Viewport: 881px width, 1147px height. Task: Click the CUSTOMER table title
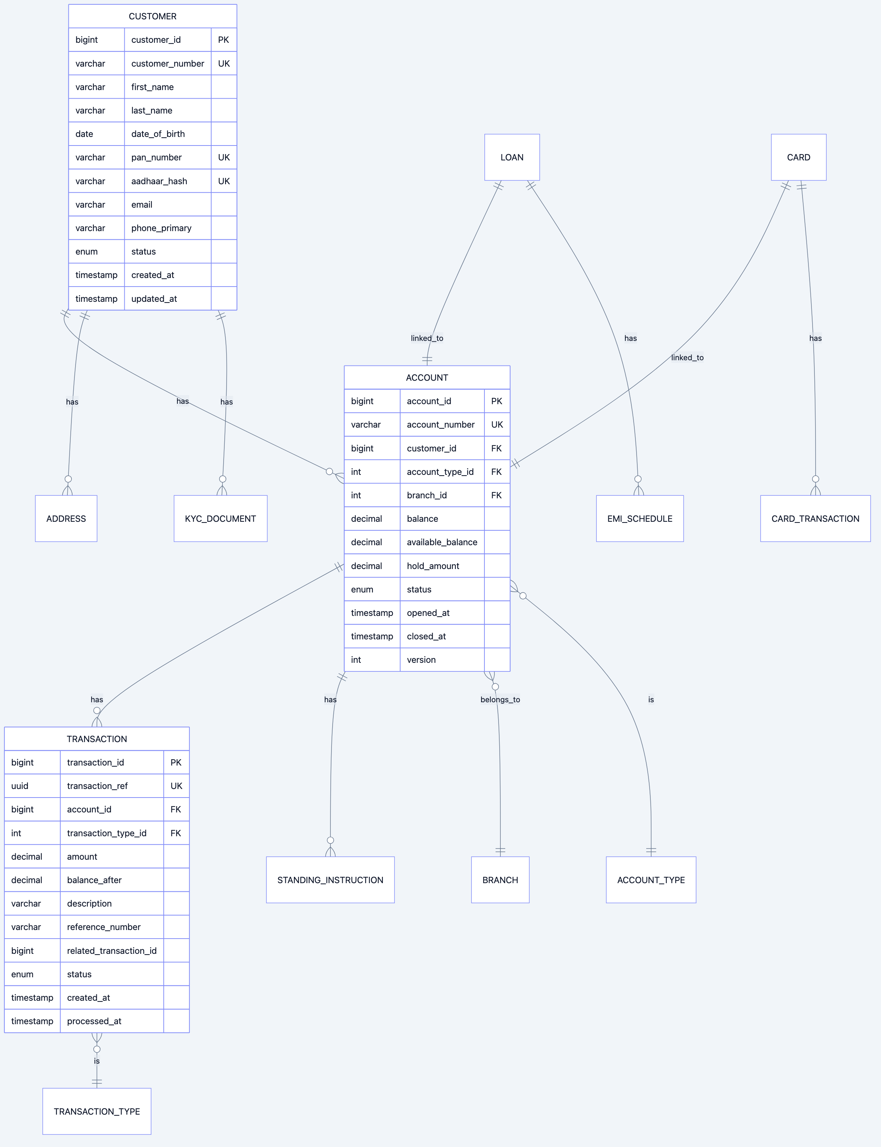point(153,16)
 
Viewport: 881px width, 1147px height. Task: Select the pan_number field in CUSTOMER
point(156,157)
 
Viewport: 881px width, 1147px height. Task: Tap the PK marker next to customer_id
point(223,40)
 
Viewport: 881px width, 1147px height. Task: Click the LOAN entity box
point(512,157)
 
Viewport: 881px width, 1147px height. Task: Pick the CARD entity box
point(798,157)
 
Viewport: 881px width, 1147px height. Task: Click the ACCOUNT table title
point(427,378)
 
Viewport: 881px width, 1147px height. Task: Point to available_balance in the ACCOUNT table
point(442,542)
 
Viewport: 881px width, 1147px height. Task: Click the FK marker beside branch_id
point(496,495)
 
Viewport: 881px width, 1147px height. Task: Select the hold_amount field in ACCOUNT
point(433,566)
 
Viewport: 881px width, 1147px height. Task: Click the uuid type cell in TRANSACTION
point(20,786)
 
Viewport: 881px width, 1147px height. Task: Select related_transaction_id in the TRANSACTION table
point(112,950)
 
